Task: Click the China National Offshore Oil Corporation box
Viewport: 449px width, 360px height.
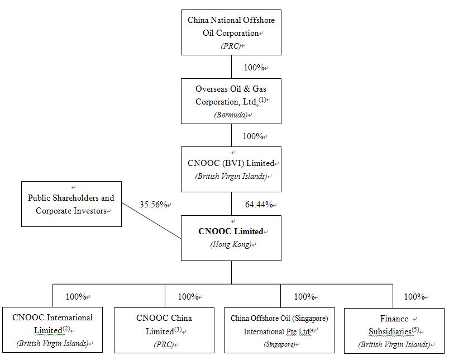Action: pyautogui.click(x=231, y=32)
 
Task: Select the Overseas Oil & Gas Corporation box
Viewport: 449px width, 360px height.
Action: pyautogui.click(x=231, y=101)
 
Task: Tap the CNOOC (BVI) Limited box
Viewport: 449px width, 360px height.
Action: pyautogui.click(x=231, y=169)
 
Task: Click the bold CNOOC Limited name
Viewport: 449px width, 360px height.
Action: pyautogui.click(x=231, y=231)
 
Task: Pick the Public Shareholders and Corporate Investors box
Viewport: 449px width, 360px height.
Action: pyautogui.click(x=71, y=204)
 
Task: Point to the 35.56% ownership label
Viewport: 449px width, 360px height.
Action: pyautogui.click(x=153, y=205)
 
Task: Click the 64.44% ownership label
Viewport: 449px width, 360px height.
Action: pyautogui.click(x=259, y=205)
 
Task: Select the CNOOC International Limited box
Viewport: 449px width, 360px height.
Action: pyautogui.click(x=52, y=330)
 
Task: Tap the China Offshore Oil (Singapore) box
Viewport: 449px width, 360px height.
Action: pyautogui.click(x=279, y=330)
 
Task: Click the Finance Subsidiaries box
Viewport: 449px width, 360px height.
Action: pyautogui.click(x=394, y=330)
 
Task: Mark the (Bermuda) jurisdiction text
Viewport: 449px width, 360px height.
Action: pyautogui.click(x=231, y=115)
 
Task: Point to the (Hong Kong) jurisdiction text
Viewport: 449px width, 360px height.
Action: pyautogui.click(x=230, y=245)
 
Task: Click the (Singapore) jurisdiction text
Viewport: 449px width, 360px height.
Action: pyautogui.click(x=279, y=344)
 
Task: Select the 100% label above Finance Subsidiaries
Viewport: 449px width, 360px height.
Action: pyautogui.click(x=414, y=297)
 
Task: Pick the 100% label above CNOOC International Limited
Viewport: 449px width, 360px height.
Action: pyautogui.click(x=76, y=297)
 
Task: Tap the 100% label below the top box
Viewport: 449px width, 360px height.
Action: pyautogui.click(x=254, y=68)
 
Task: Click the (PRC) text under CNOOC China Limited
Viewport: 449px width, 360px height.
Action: pyautogui.click(x=163, y=345)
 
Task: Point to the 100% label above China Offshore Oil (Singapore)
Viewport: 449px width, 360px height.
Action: pyautogui.click(x=304, y=297)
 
